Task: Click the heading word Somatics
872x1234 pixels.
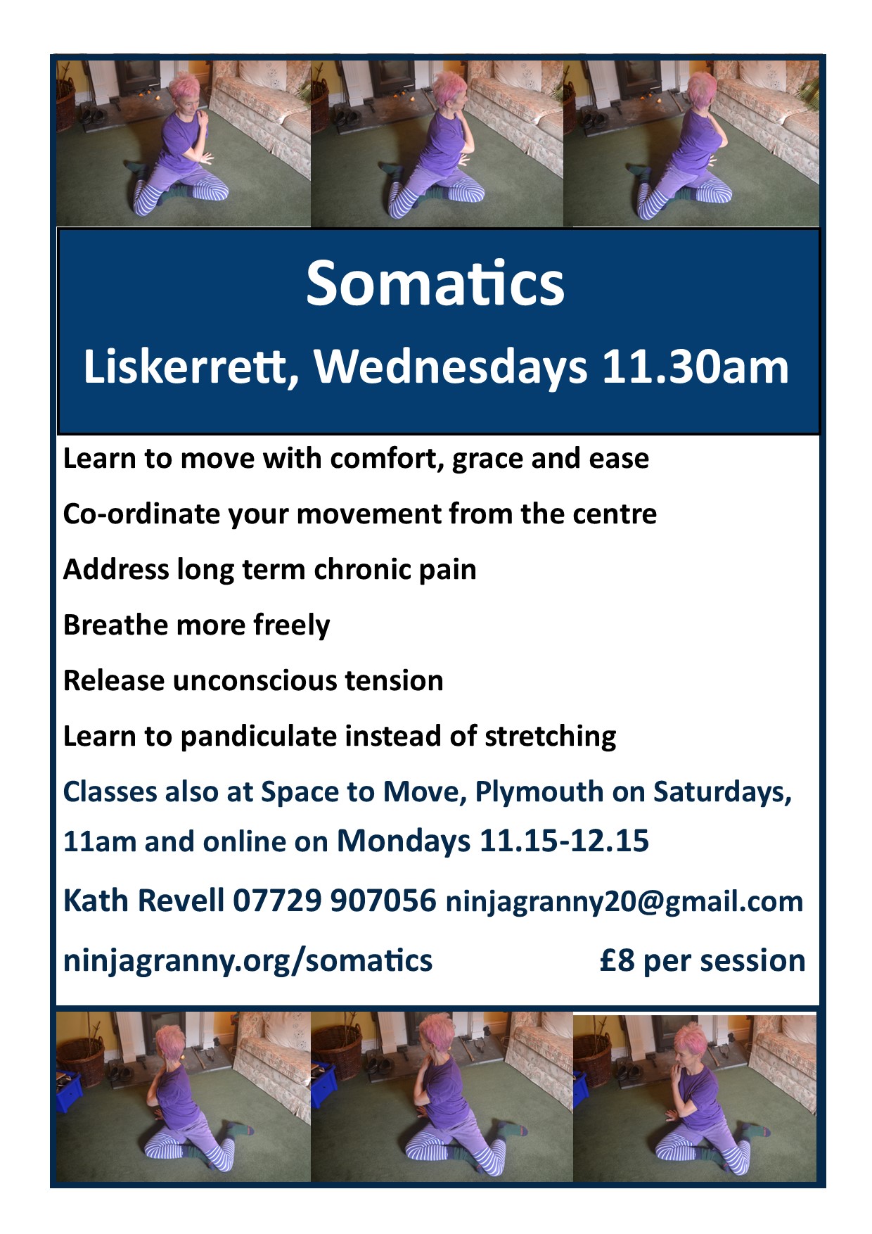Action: pos(435,284)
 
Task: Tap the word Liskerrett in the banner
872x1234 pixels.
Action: pos(186,367)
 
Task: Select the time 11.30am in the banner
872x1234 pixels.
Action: pos(695,367)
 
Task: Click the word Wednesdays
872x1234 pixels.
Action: pos(451,367)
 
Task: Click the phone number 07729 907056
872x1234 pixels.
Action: pos(334,901)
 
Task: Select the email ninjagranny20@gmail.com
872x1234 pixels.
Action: pos(624,902)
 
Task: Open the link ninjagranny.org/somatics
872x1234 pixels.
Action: pos(248,961)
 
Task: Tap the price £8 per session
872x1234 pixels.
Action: pos(703,961)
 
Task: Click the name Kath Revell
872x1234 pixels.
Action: pos(143,901)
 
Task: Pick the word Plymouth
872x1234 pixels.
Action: pos(539,793)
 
